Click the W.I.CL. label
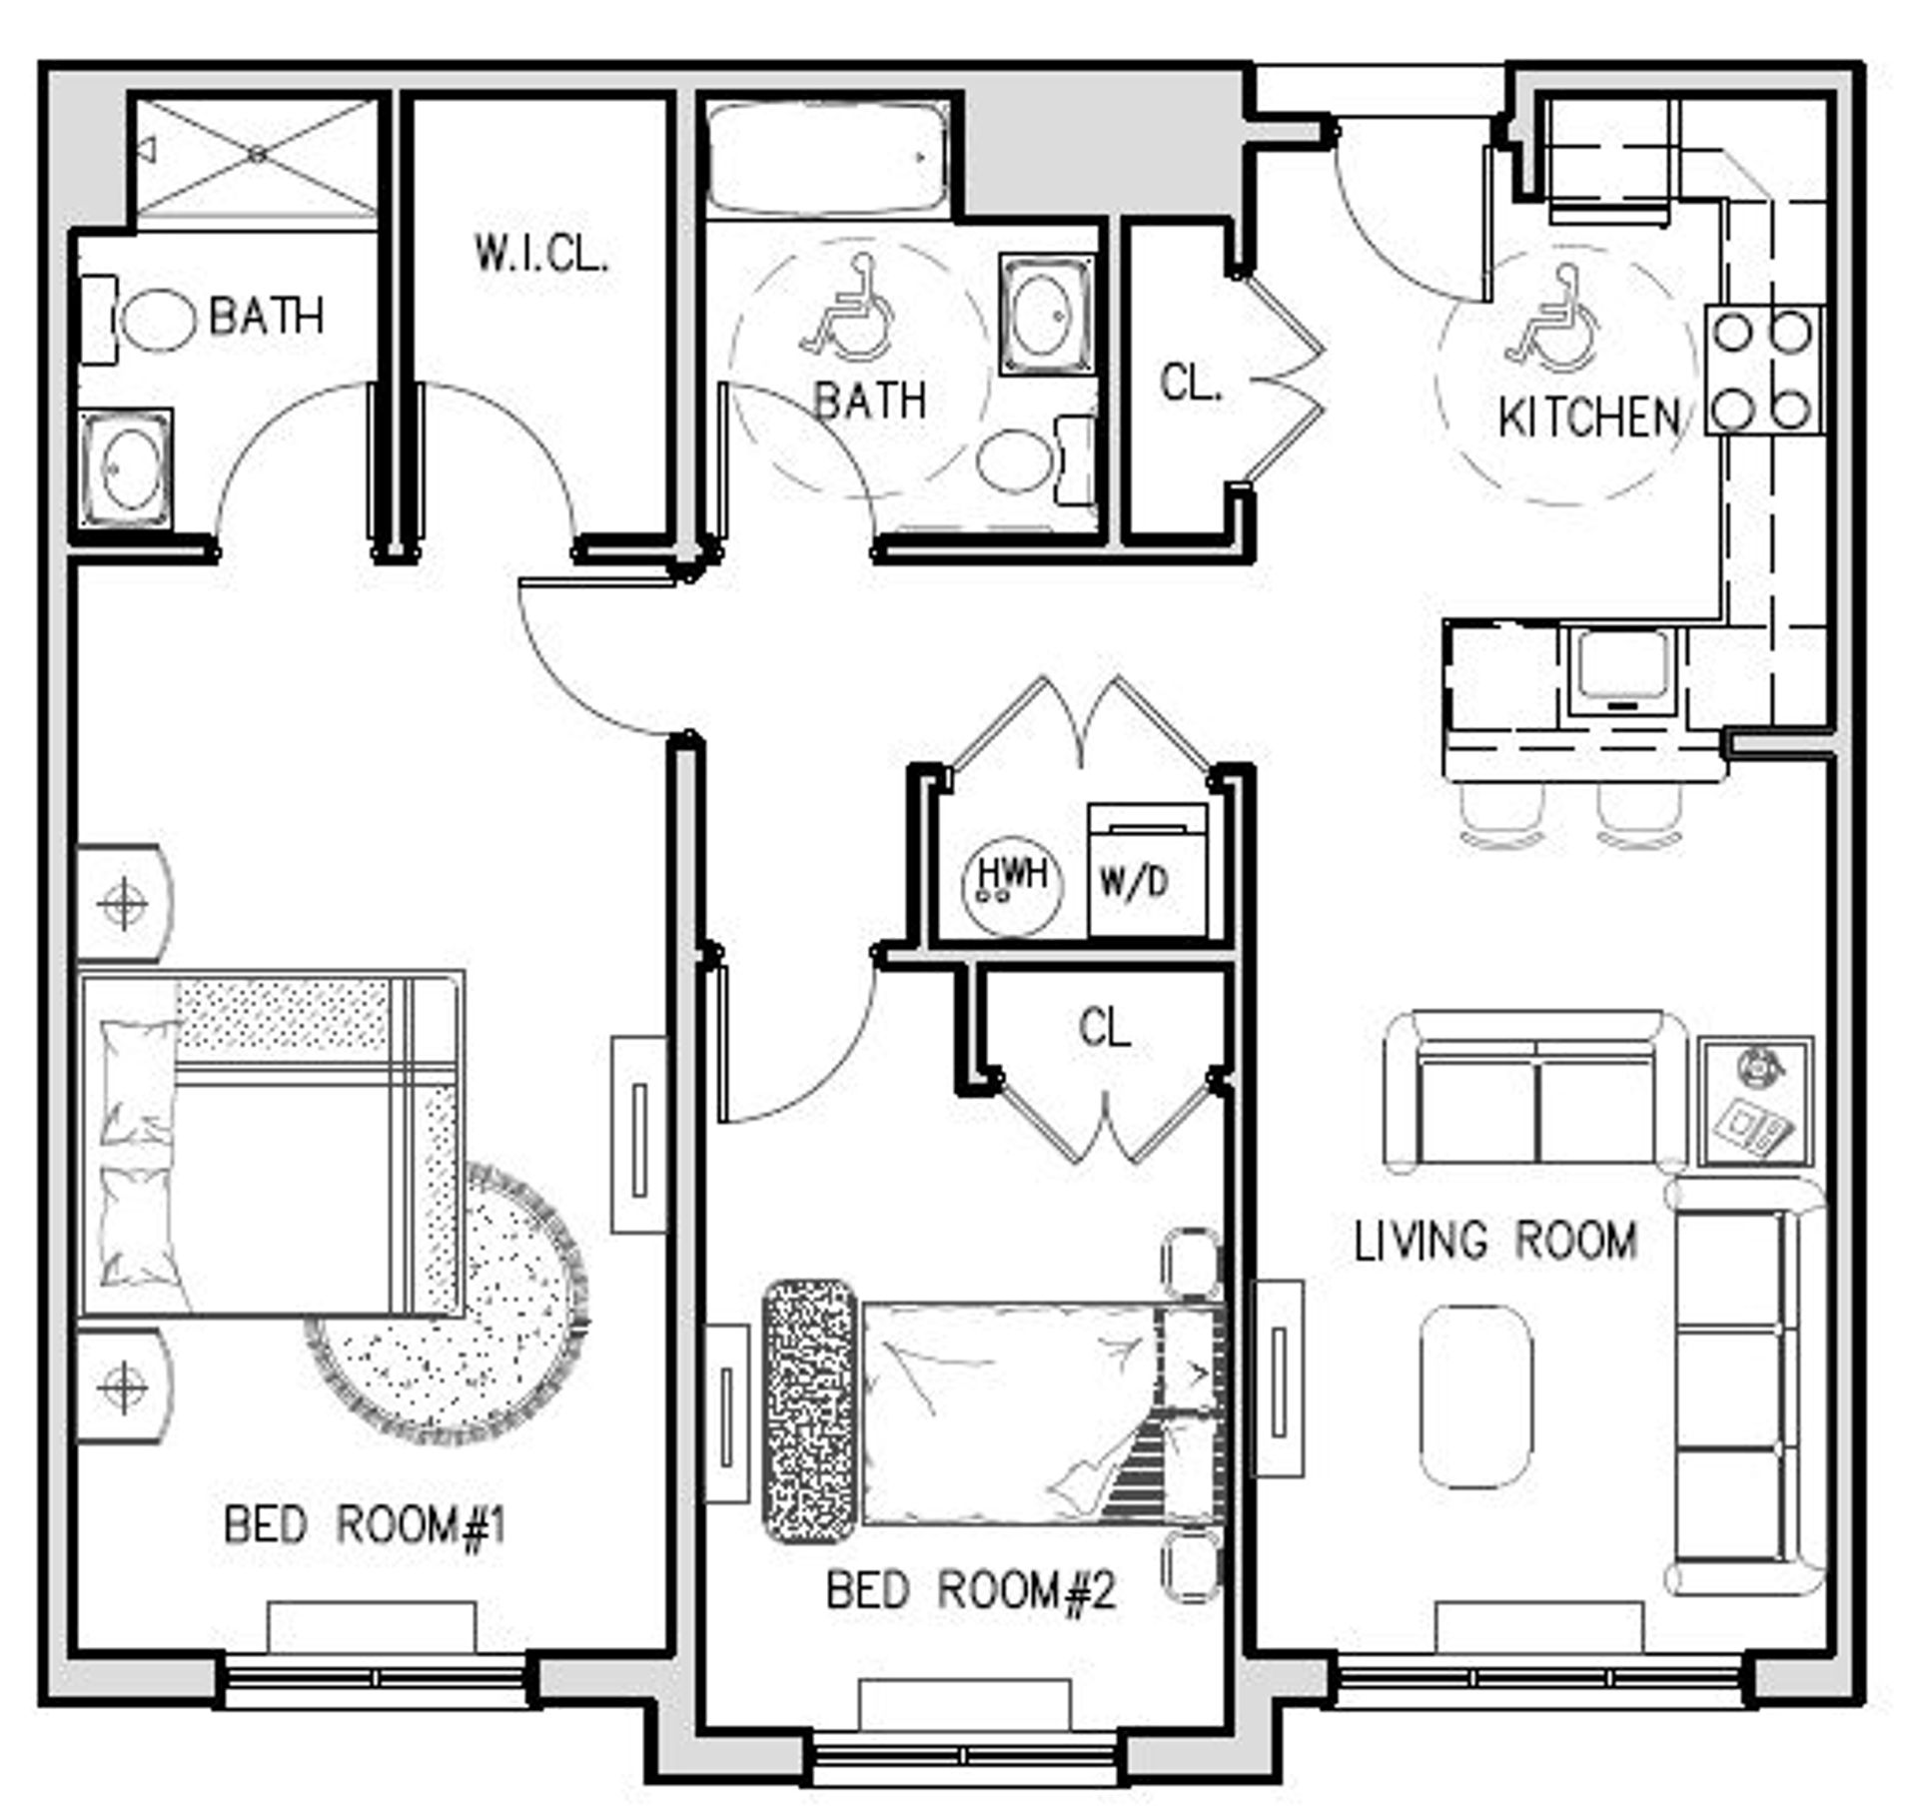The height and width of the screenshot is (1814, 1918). (540, 254)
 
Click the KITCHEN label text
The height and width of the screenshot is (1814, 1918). (1589, 417)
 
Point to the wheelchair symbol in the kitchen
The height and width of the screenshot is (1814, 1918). (1551, 327)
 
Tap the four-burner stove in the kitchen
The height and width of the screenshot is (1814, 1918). (1763, 370)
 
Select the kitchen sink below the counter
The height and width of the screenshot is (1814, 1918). (1621, 668)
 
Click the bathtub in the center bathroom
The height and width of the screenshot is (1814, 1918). (826, 158)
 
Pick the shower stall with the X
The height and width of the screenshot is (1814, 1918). (257, 155)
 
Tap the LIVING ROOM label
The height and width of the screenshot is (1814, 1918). (1494, 1241)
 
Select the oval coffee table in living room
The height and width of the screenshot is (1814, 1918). (1475, 1396)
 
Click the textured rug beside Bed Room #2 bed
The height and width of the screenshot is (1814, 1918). (809, 1412)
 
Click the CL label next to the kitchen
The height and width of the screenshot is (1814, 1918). (1190, 383)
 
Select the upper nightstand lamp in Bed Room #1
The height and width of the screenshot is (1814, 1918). (124, 903)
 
